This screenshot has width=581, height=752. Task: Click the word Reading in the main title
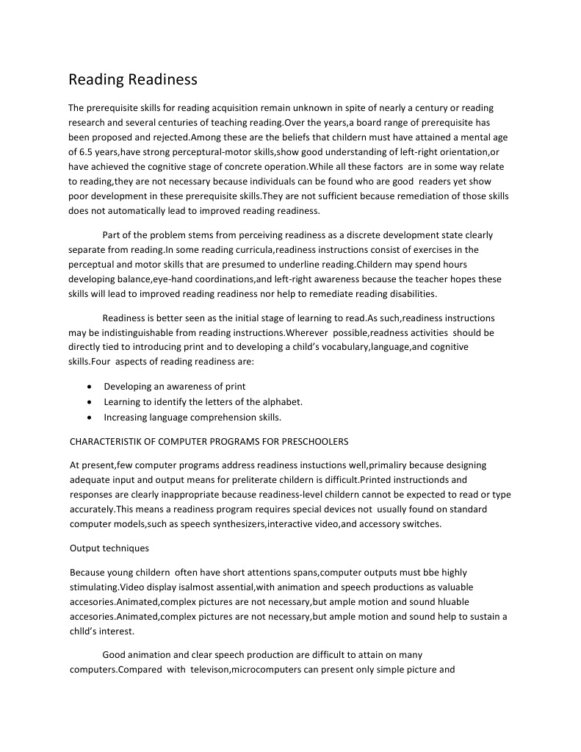96,79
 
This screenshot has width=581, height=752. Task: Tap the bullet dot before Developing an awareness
89,387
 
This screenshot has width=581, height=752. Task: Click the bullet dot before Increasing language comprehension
89,418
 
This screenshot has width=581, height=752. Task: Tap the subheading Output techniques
109,548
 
